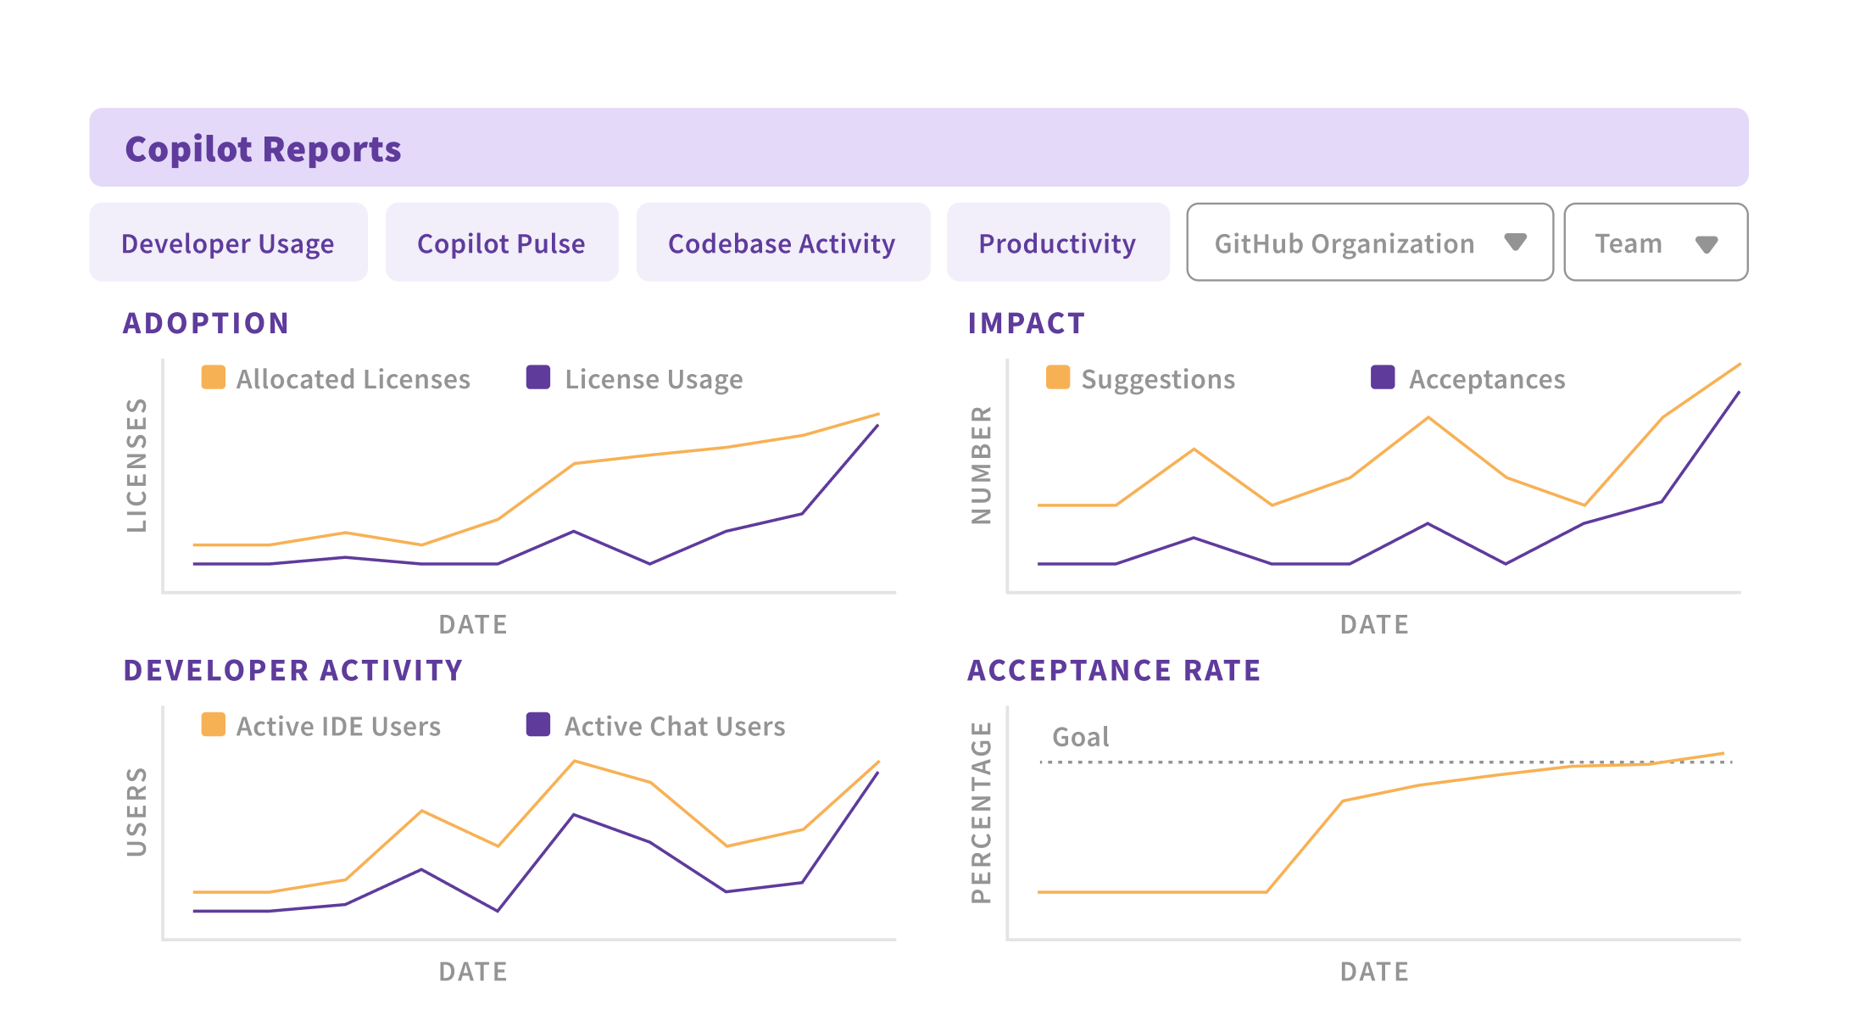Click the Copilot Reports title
pyautogui.click(x=263, y=149)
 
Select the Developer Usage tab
pyautogui.click(x=228, y=243)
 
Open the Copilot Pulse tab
pyautogui.click(x=501, y=243)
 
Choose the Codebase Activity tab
pyautogui.click(x=782, y=243)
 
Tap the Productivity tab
pyautogui.click(x=1057, y=243)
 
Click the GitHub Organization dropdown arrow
pyautogui.click(x=1515, y=243)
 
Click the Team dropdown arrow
pyautogui.click(x=1706, y=244)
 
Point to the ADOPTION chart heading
pyautogui.click(x=206, y=323)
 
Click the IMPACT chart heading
pyautogui.click(x=1027, y=323)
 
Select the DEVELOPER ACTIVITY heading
pyautogui.click(x=293, y=670)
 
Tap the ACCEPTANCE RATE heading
pyautogui.click(x=1114, y=670)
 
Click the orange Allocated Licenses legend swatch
pyautogui.click(x=214, y=377)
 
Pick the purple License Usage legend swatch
pyautogui.click(x=538, y=377)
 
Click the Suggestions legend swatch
pyautogui.click(x=1058, y=377)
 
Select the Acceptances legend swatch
pyautogui.click(x=1383, y=377)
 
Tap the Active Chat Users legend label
pyautogui.click(x=675, y=726)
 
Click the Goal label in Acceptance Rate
pyautogui.click(x=1080, y=737)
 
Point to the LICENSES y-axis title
pyautogui.click(x=136, y=465)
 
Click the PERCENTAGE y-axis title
pyautogui.click(x=981, y=812)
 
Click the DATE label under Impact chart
pyautogui.click(x=1374, y=624)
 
